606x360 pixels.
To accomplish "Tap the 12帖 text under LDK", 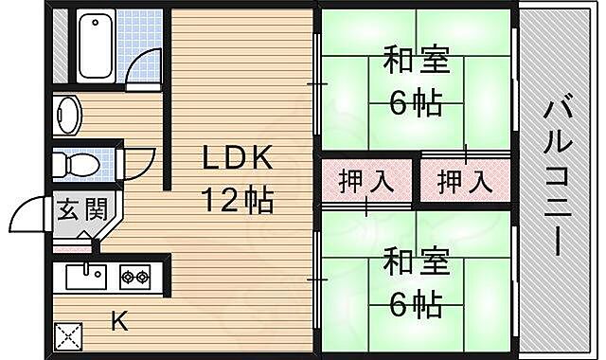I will pos(236,200).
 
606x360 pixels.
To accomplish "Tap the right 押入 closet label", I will pos(464,181).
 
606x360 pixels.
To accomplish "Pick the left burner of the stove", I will pos(126,278).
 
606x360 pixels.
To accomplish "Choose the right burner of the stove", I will pos(143,278).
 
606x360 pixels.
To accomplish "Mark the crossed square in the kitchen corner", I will pos(69,334).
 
